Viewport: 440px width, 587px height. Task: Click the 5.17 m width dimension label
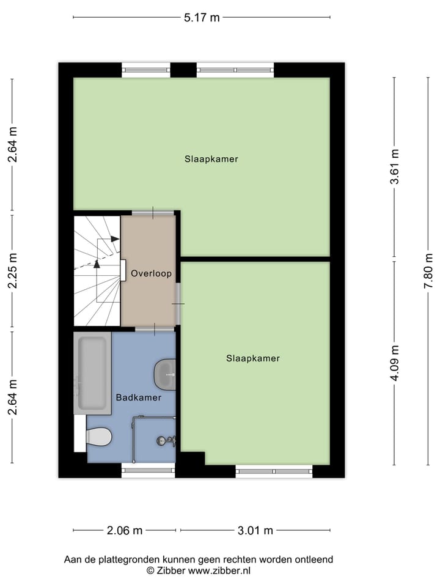pyautogui.click(x=202, y=18)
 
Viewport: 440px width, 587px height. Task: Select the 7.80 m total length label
pyautogui.click(x=430, y=270)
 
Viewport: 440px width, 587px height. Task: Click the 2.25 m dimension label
pyautogui.click(x=13, y=270)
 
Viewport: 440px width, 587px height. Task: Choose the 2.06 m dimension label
pyautogui.click(x=125, y=530)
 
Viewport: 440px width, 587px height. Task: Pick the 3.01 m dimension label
pyautogui.click(x=255, y=530)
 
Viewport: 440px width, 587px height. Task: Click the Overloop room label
pyautogui.click(x=151, y=273)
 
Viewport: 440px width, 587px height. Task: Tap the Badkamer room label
pyautogui.click(x=139, y=397)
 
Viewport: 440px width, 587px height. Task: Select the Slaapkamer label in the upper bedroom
pyautogui.click(x=211, y=159)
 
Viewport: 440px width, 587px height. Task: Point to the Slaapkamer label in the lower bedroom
pyautogui.click(x=252, y=358)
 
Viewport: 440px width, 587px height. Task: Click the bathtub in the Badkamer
pyautogui.click(x=92, y=373)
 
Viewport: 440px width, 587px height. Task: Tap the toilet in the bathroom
pyautogui.click(x=98, y=437)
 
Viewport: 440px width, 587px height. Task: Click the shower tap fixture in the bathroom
pyautogui.click(x=166, y=440)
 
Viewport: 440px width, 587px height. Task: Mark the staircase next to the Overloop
pyautogui.click(x=97, y=270)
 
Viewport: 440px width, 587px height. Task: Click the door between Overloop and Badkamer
pyautogui.click(x=154, y=330)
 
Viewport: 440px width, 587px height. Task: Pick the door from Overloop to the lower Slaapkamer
pyautogui.click(x=178, y=303)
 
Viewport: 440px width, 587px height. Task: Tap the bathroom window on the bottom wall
pyautogui.click(x=148, y=470)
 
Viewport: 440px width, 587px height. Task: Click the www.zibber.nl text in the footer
pyautogui.click(x=218, y=570)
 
